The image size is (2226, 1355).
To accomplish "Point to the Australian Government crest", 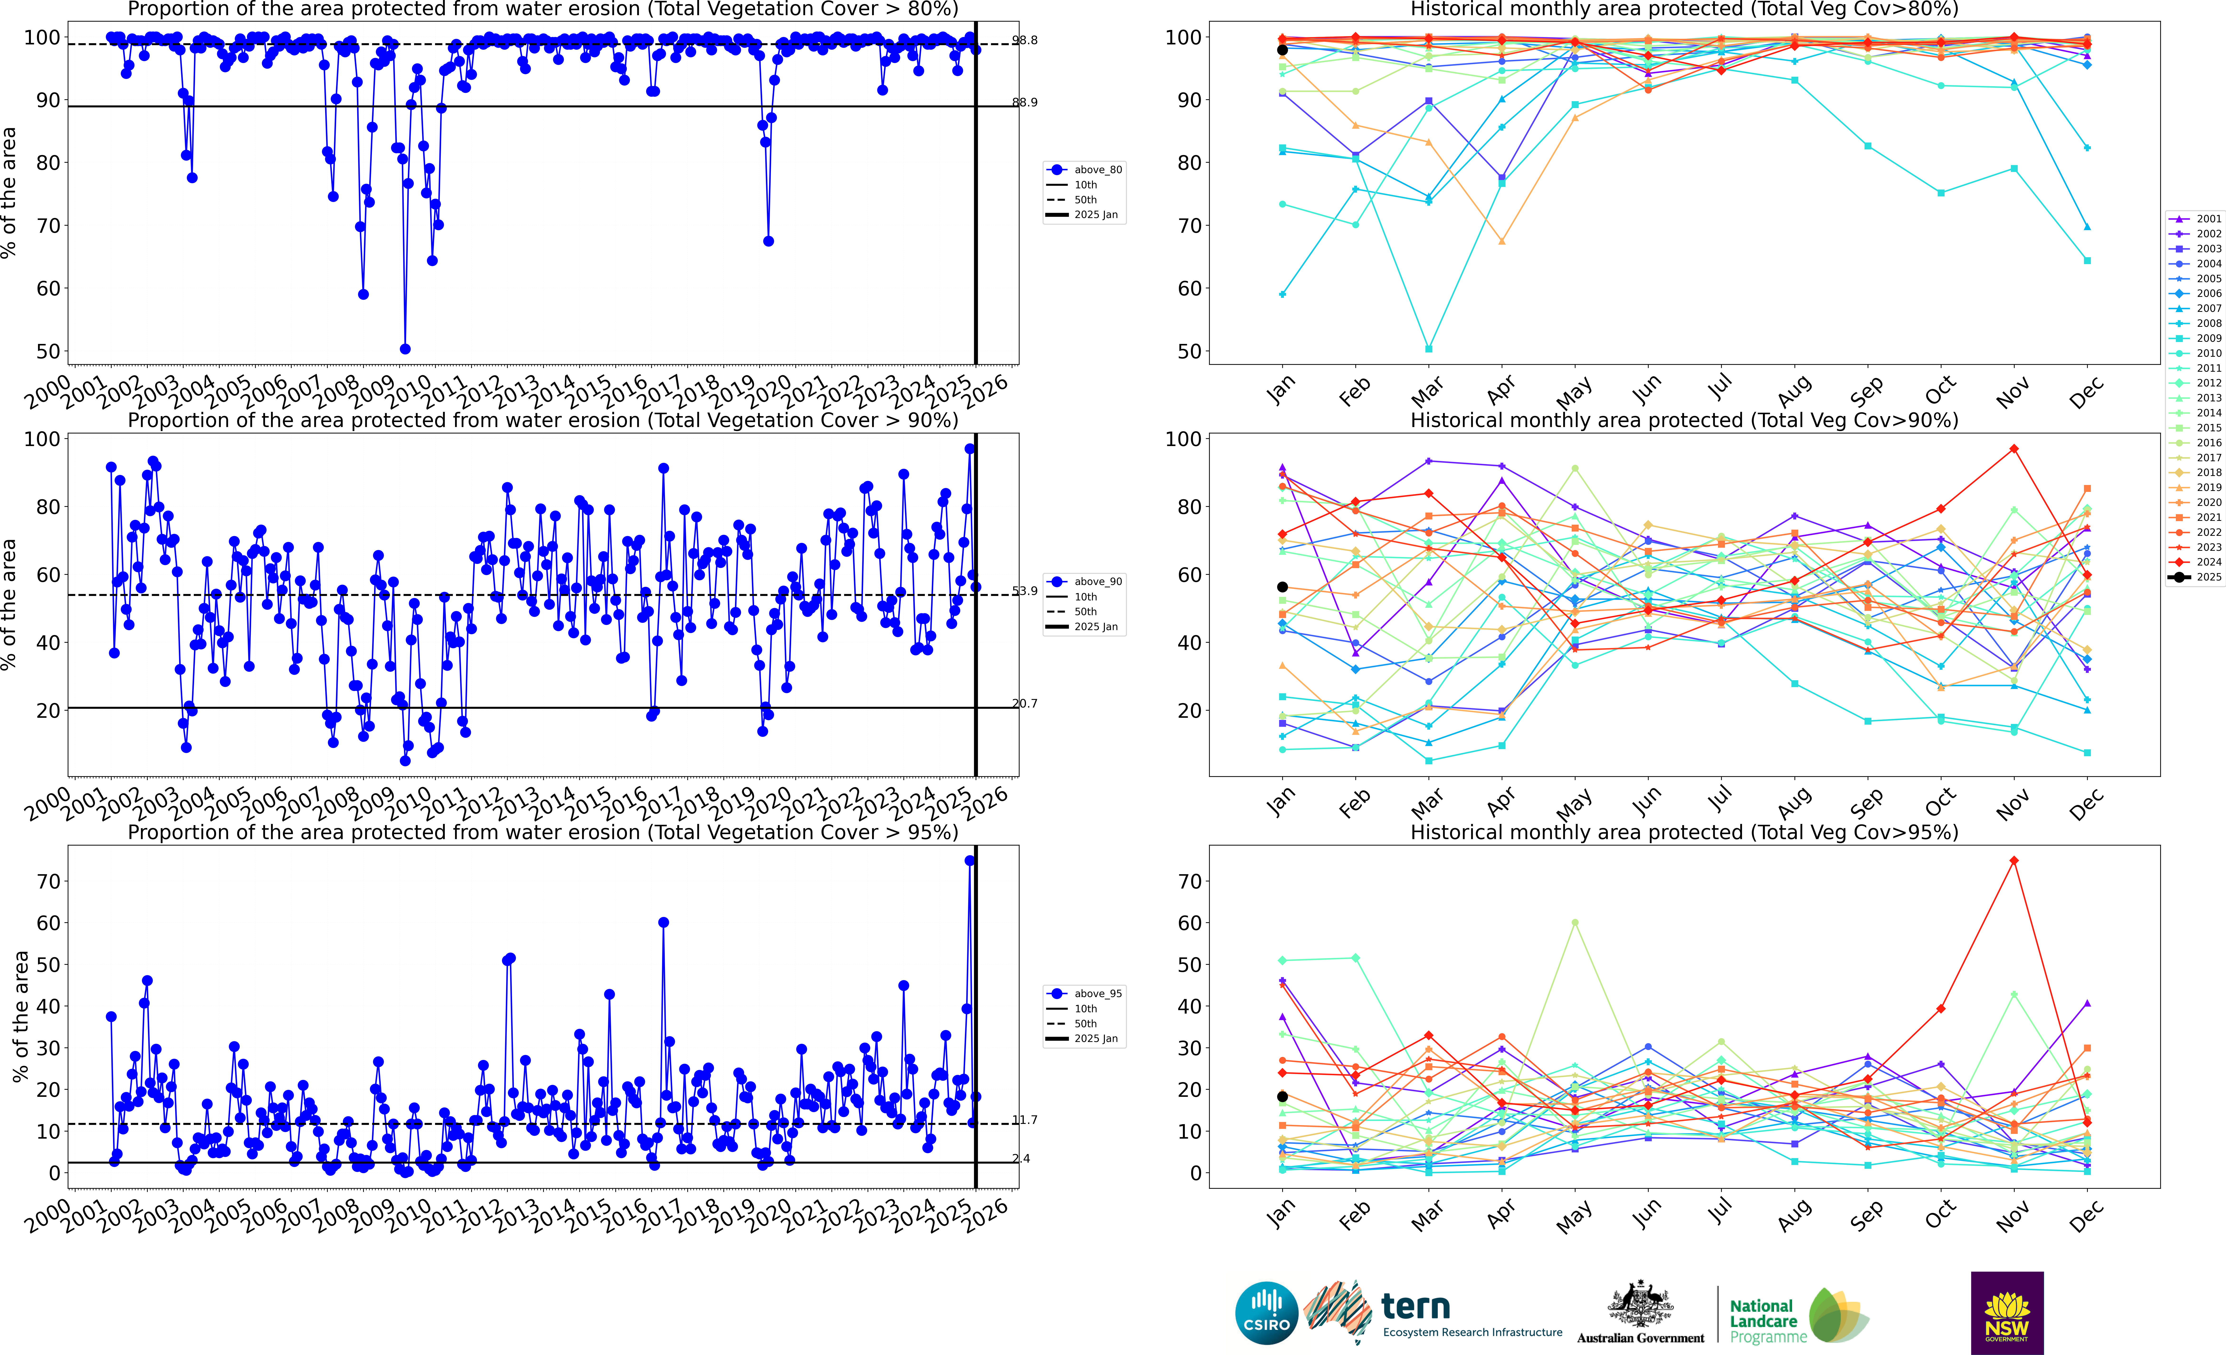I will [x=1640, y=1305].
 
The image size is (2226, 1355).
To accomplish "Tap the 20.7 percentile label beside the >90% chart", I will [x=1025, y=704].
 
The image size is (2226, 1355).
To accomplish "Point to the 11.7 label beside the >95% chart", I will [x=1025, y=1120].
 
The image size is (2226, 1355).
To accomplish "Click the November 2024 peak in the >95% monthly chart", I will [x=2014, y=861].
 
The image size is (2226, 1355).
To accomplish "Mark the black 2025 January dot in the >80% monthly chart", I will [x=1282, y=50].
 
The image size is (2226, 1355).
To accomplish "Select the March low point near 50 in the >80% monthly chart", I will [x=1428, y=349].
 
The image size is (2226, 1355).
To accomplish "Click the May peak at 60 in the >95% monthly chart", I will [x=1575, y=922].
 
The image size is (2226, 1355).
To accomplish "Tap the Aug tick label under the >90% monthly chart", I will [x=1793, y=799].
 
